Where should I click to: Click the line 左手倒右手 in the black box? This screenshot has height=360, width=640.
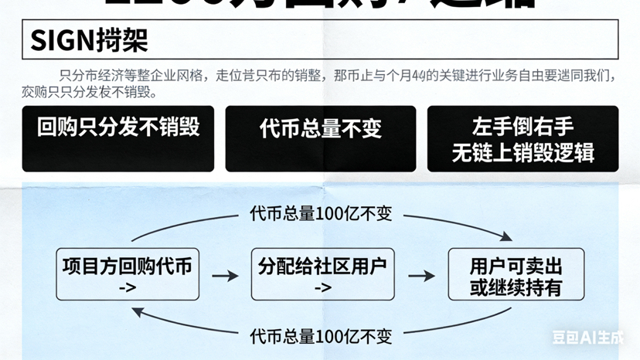point(523,126)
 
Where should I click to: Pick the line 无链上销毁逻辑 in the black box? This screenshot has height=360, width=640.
point(523,151)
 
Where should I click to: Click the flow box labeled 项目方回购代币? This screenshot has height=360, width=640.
point(128,274)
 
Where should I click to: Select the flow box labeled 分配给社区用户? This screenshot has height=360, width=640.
point(323,274)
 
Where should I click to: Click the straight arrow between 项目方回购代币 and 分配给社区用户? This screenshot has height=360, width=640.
point(225,276)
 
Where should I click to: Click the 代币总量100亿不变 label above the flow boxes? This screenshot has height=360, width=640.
point(321,213)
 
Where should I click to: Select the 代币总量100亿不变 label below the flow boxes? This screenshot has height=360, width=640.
point(321,336)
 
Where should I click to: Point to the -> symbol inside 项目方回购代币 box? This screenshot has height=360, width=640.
point(128,287)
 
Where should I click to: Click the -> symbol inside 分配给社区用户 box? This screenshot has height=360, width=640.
point(323,287)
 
